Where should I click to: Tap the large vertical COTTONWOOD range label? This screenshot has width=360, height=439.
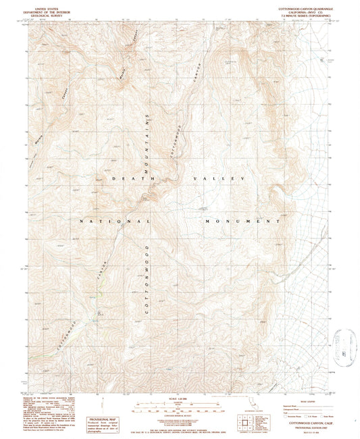tap(147, 277)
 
